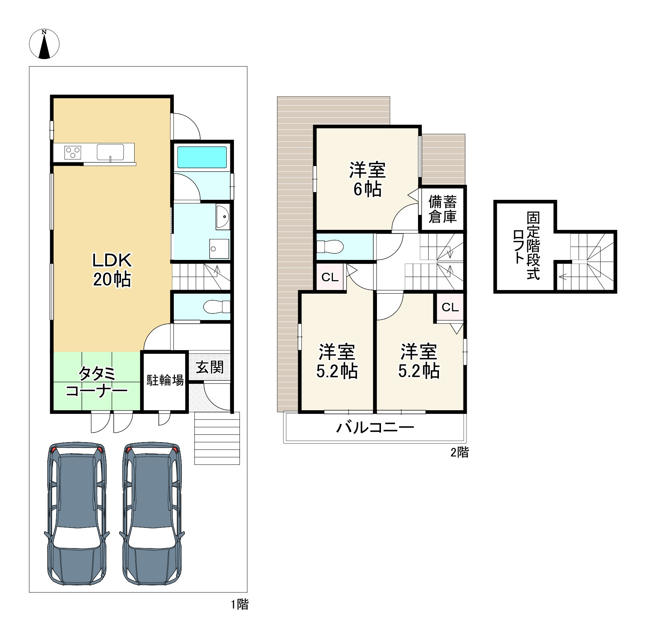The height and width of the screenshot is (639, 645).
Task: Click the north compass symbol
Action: [44, 44]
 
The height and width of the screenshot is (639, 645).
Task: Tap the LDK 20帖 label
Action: [112, 270]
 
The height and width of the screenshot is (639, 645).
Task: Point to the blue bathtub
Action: [202, 157]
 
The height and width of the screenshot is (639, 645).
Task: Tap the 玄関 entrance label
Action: [209, 367]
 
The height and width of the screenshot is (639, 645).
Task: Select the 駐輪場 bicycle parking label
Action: [165, 380]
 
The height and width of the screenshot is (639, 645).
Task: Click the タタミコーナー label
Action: [96, 382]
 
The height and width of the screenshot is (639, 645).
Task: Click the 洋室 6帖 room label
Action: [367, 179]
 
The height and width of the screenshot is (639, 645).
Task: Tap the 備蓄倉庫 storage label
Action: [443, 209]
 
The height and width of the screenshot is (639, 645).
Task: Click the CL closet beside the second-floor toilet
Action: [330, 278]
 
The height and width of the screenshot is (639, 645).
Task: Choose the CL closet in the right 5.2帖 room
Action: [450, 307]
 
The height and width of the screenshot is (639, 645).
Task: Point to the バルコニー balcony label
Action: [375, 427]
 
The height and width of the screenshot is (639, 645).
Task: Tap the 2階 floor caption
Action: [459, 452]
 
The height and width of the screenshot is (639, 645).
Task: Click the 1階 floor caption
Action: [240, 605]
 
